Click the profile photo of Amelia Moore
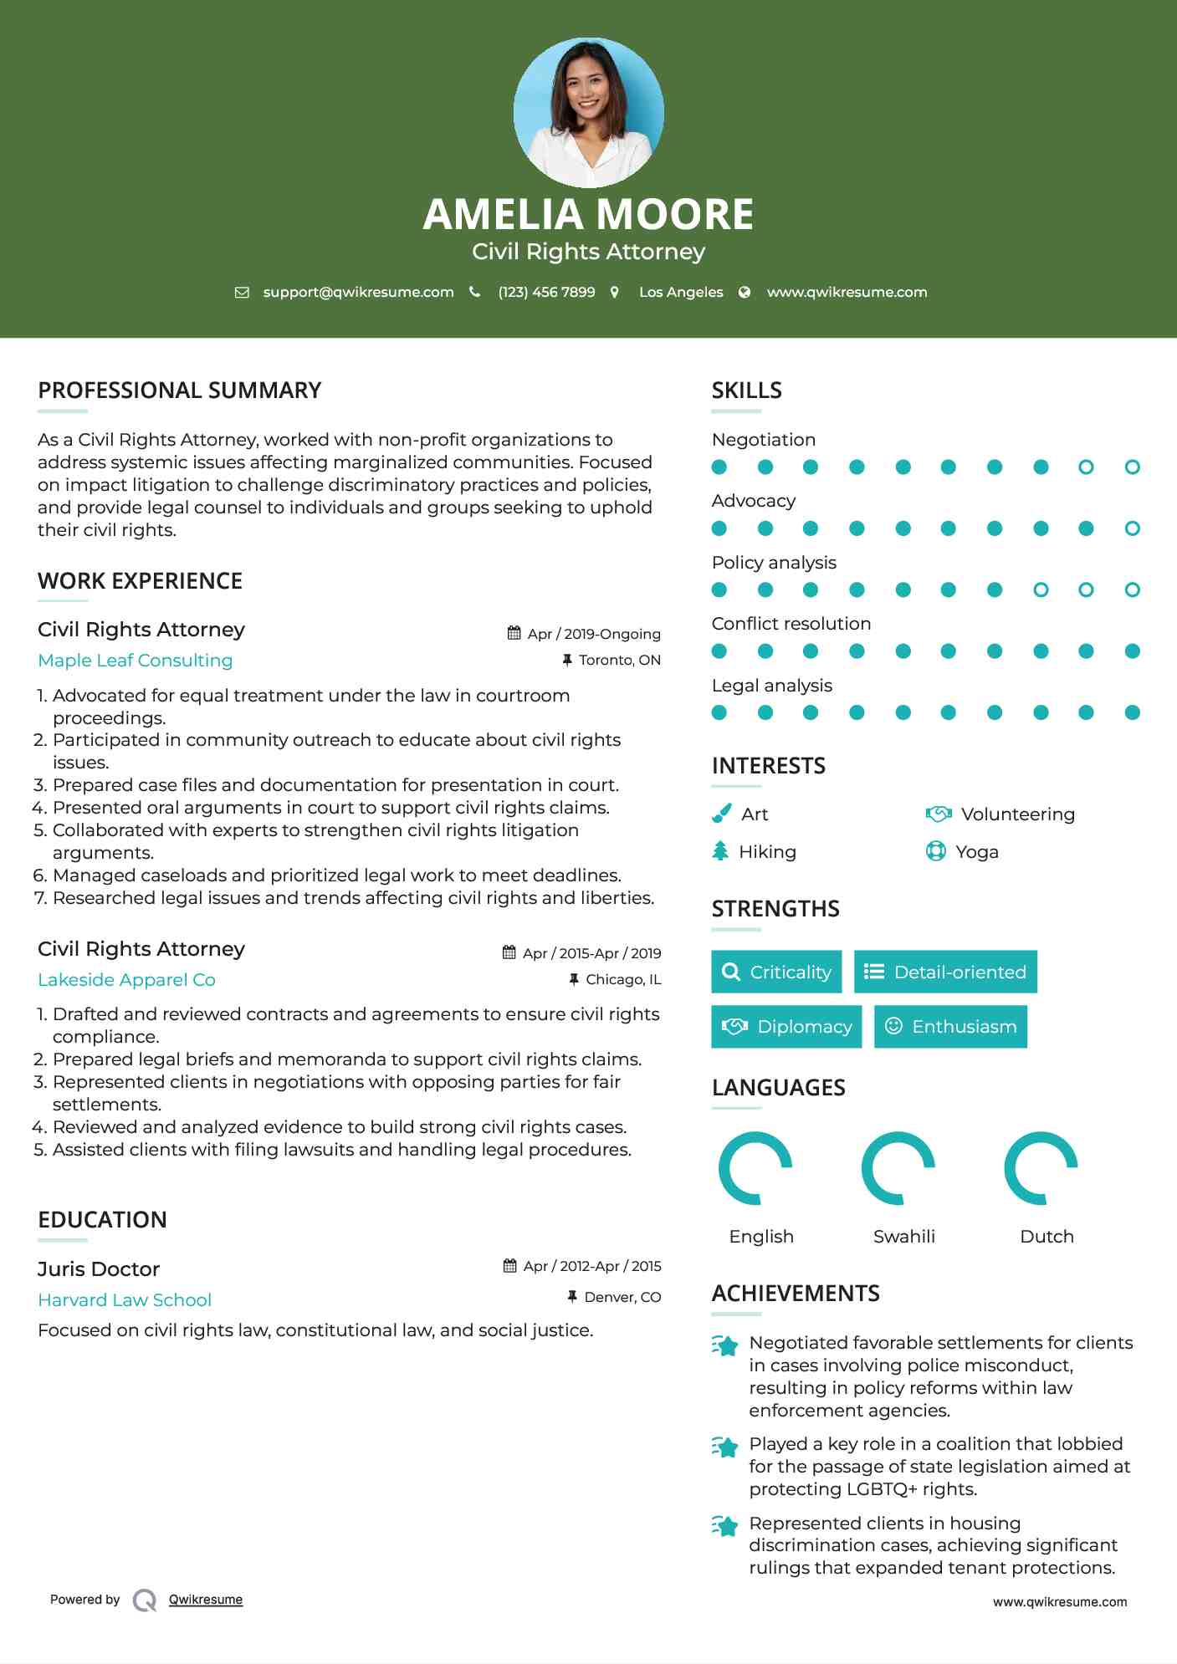(x=588, y=112)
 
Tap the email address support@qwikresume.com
(x=358, y=292)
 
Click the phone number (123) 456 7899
(x=546, y=292)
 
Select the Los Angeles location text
(x=680, y=292)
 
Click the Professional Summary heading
(x=179, y=390)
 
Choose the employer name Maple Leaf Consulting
(x=135, y=661)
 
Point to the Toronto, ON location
(x=619, y=660)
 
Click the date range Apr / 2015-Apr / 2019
(x=591, y=953)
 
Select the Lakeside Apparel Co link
(x=126, y=980)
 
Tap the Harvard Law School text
(x=125, y=1300)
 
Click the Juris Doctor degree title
(x=99, y=1269)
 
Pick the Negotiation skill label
(x=763, y=440)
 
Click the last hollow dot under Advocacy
(x=1132, y=528)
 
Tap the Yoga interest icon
(x=935, y=851)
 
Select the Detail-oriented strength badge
(x=945, y=972)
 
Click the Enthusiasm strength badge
(x=950, y=1027)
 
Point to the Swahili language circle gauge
(x=898, y=1168)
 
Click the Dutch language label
(x=1047, y=1237)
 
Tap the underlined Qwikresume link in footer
(x=206, y=1600)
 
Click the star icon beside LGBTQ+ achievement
(x=725, y=1447)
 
